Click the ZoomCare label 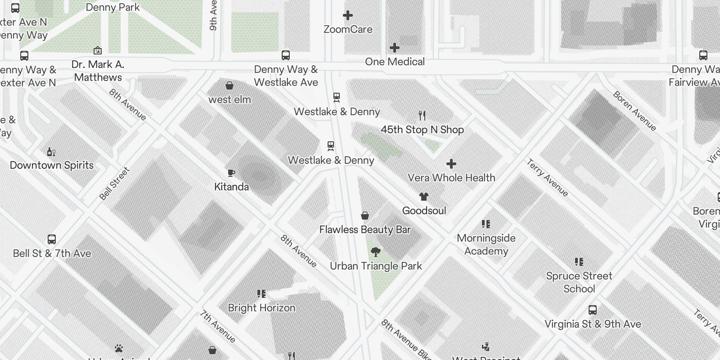coord(348,30)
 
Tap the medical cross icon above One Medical coord(395,48)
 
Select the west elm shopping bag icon coord(229,85)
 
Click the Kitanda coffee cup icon coord(231,173)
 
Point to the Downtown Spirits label coord(52,165)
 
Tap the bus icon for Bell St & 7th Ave coord(52,239)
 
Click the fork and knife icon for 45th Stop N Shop coord(422,116)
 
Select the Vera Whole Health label coord(451,178)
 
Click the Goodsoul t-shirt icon coord(423,197)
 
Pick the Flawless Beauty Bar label coord(365,229)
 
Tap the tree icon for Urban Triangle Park coord(376,252)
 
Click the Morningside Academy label coord(486,244)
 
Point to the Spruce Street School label coord(579,282)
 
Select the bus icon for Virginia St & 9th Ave coord(593,310)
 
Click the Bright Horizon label coord(261,308)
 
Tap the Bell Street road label coord(114,184)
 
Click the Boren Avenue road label coord(634,111)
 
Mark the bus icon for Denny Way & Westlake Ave coord(286,55)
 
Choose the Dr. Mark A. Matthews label coord(98,71)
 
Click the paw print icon coord(119,348)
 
